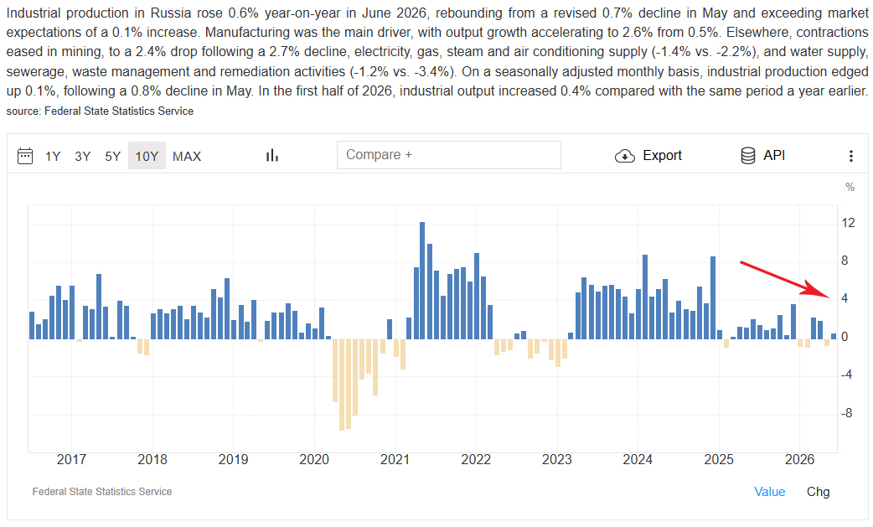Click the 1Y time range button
point(53,157)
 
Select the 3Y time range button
point(82,157)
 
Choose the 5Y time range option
point(112,157)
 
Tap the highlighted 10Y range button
point(147,157)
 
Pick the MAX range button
point(187,157)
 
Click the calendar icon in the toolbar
point(25,156)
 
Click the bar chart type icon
point(271,156)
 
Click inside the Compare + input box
point(449,155)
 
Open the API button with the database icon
point(762,155)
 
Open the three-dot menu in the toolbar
point(850,156)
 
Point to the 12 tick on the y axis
point(848,223)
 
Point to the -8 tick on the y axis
point(847,413)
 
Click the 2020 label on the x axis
point(314,460)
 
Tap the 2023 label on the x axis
point(557,460)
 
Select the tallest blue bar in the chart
point(422,281)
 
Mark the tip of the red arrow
point(829,297)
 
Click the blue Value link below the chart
point(769,492)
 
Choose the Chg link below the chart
point(818,492)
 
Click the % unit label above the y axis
point(850,187)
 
